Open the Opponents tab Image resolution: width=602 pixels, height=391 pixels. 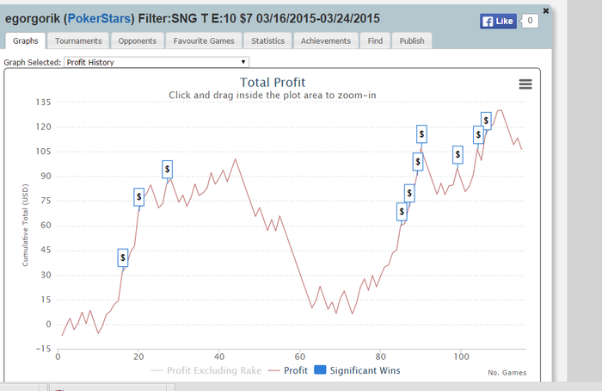[x=138, y=40]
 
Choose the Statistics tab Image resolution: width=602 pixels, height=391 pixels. [x=267, y=40]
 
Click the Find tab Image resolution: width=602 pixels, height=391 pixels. [x=375, y=40]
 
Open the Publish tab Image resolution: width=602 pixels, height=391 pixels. [x=411, y=40]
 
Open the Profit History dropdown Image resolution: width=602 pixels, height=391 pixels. [x=157, y=62]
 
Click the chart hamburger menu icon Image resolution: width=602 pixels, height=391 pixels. [x=525, y=84]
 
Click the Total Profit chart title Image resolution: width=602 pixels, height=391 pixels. [x=272, y=83]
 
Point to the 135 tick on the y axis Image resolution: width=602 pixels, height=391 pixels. [x=42, y=102]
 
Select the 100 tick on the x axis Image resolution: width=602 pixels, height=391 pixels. [x=461, y=357]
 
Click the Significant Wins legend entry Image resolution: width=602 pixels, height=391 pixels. [x=355, y=370]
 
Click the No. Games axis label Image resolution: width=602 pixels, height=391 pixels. [x=507, y=372]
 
